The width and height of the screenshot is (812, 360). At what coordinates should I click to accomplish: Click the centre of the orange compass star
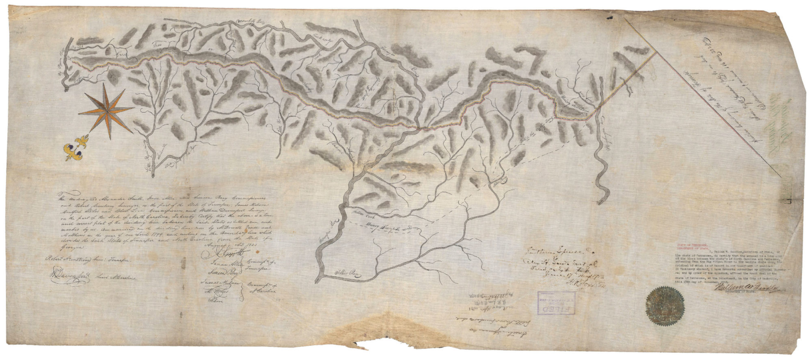[x=107, y=110]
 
